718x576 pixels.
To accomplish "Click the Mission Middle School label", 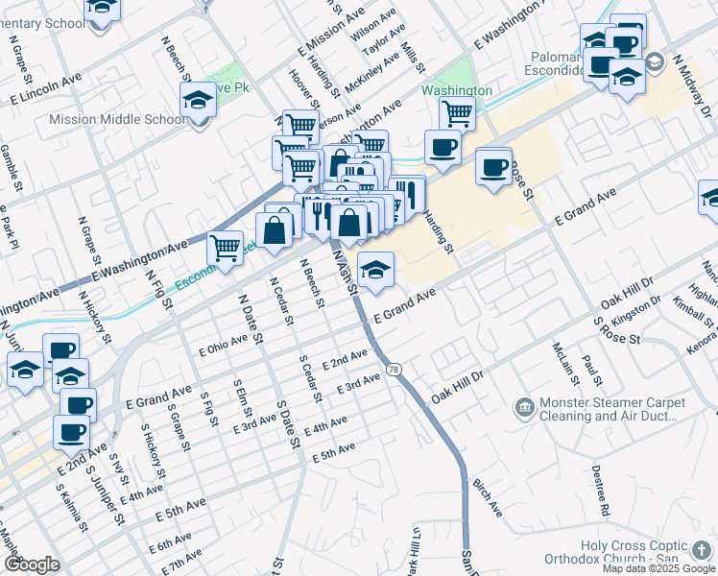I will click(117, 120).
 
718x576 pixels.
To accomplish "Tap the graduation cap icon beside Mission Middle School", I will click(198, 100).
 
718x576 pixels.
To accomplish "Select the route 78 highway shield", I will click(394, 369).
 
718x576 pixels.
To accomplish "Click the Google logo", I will click(32, 564).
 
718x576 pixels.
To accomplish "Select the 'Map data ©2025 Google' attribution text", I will click(658, 568).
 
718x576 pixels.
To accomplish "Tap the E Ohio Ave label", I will click(223, 345).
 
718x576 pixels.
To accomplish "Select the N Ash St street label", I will click(345, 269).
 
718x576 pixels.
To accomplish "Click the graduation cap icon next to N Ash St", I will click(376, 270).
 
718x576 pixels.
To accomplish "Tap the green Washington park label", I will click(457, 90).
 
